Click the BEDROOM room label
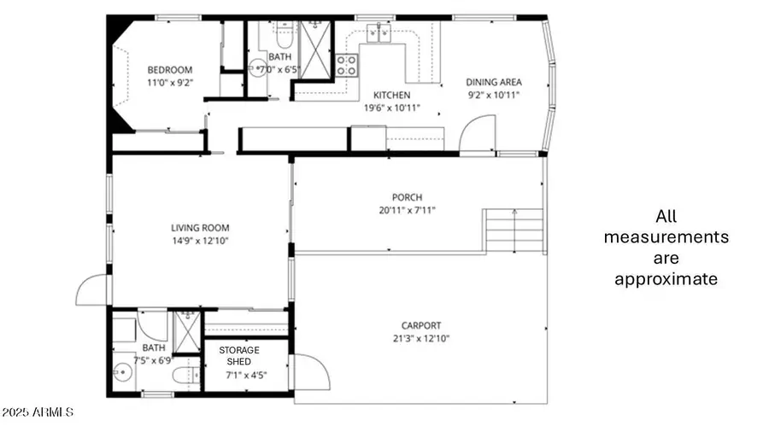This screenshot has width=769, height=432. coord(170,70)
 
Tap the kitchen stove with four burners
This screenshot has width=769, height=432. coord(346,65)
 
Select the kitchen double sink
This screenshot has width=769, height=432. coord(379,34)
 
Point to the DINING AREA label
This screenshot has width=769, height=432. coord(494,83)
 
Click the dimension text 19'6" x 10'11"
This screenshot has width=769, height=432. coord(392,108)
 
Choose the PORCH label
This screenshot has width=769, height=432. coord(407,197)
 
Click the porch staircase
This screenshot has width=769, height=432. coord(514,231)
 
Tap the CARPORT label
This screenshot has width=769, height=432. coord(421,325)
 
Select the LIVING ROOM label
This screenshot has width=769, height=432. coord(200,228)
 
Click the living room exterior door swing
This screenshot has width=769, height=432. coord(92,290)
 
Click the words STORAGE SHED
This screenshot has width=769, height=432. coord(239,355)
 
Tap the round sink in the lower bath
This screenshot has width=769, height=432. coord(121,371)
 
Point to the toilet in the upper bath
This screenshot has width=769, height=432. coord(283,37)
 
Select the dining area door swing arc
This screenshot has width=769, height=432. coord(477,135)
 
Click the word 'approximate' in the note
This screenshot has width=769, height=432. coord(666,279)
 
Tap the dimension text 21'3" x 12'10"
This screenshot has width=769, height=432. coord(421,339)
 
